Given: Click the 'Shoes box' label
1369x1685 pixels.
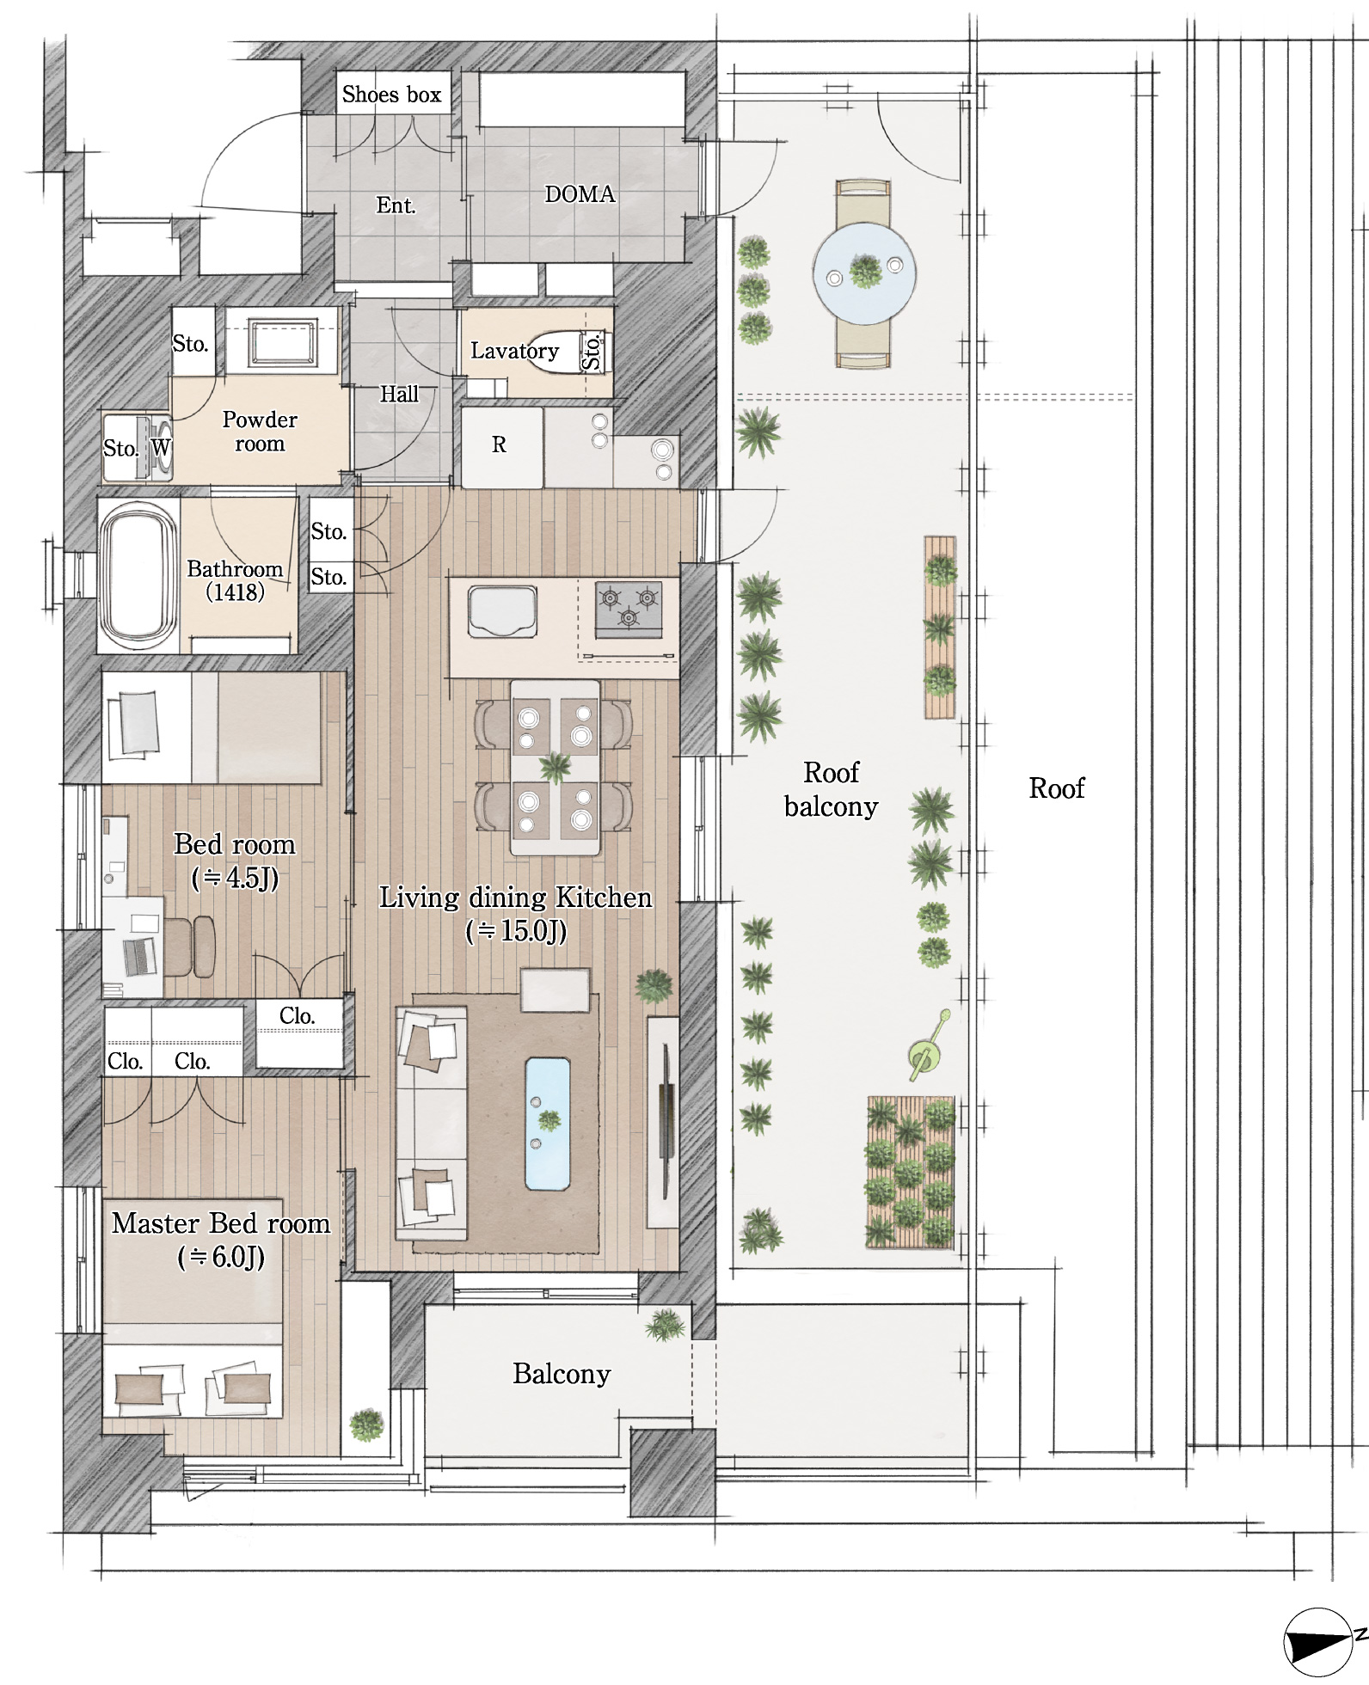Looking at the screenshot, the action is pos(391,94).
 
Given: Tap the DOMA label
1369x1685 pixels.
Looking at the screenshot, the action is pos(580,194).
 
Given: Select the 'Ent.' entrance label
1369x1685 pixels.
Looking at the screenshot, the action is pos(396,205).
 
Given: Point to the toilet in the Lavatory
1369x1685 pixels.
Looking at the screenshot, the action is pos(559,352).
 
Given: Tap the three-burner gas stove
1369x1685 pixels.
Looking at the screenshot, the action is pos(629,610).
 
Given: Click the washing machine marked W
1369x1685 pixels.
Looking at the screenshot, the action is pos(161,446).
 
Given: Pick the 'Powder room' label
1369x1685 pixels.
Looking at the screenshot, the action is pos(260,432).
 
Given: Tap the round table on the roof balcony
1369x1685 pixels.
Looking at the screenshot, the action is pos(864,273).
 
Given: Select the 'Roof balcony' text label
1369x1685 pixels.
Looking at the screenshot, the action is pos(831,789).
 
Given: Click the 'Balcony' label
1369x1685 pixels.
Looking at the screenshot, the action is pos(562,1374).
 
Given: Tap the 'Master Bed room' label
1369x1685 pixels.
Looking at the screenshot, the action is pos(221,1223).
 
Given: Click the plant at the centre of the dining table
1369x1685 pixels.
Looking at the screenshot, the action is pos(555,764).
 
